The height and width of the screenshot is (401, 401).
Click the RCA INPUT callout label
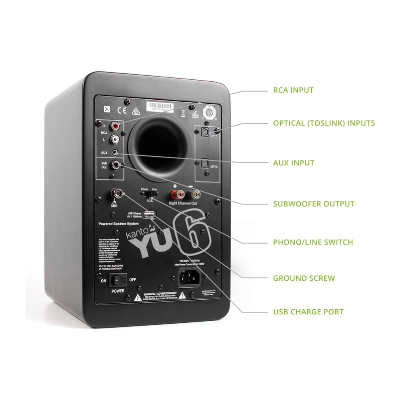tap(293, 90)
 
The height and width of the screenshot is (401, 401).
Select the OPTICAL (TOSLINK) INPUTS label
tap(324, 123)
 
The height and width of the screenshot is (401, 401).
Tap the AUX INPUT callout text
tap(294, 163)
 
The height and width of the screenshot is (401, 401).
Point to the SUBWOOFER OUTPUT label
tap(314, 204)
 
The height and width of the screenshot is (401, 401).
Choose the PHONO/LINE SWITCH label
tap(313, 242)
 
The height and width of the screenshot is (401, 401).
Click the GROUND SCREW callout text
tap(304, 278)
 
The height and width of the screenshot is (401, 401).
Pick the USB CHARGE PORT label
tap(308, 312)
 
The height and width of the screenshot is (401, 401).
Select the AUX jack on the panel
tap(117, 153)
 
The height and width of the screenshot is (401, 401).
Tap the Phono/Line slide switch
tap(149, 193)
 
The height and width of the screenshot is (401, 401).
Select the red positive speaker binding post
tap(176, 193)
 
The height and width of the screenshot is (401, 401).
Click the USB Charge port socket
tap(149, 215)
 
